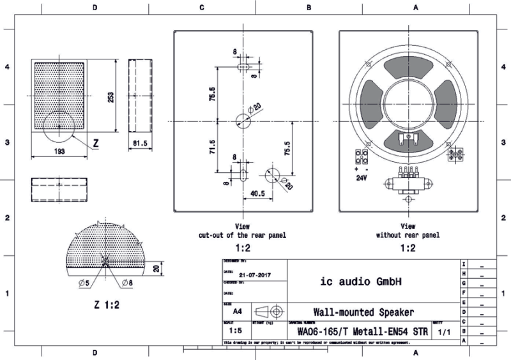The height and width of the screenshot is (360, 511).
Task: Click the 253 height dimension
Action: pos(111,96)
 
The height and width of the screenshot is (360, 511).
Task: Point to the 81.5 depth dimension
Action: pos(140,144)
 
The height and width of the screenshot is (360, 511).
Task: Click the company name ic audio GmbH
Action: pos(360,281)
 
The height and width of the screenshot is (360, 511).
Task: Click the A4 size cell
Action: pos(237,312)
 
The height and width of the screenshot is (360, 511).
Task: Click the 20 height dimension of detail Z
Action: pos(158,269)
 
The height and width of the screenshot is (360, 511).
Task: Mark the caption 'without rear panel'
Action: pos(408,235)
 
